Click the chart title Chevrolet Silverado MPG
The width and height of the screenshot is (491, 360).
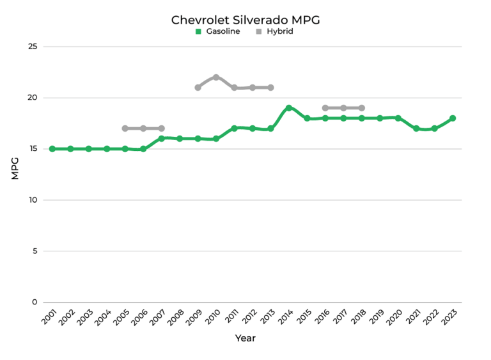pyautogui.click(x=245, y=20)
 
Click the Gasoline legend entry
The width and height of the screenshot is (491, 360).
pyautogui.click(x=218, y=31)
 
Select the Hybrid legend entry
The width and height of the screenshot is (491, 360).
pyautogui.click(x=274, y=31)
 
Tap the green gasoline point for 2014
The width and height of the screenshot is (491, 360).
pyautogui.click(x=289, y=108)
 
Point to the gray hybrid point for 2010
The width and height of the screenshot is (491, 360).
pyautogui.click(x=216, y=77)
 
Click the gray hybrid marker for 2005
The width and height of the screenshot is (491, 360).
pyautogui.click(x=125, y=129)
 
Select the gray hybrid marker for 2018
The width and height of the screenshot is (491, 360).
pyautogui.click(x=362, y=108)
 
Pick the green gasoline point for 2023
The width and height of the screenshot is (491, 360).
pyautogui.click(x=453, y=118)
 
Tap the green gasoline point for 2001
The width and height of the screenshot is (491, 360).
pyautogui.click(x=52, y=149)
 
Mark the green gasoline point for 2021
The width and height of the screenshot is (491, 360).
pyautogui.click(x=416, y=129)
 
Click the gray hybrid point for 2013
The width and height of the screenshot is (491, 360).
pyautogui.click(x=271, y=88)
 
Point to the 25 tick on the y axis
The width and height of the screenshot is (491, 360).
pyautogui.click(x=33, y=47)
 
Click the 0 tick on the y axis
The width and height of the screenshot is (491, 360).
pyautogui.click(x=35, y=302)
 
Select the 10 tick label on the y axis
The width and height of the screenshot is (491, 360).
pyautogui.click(x=33, y=200)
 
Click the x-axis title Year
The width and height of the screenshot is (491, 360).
pyautogui.click(x=245, y=338)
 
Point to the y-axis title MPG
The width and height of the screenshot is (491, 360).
pyautogui.click(x=15, y=168)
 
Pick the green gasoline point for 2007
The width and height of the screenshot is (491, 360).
pyautogui.click(x=162, y=139)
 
